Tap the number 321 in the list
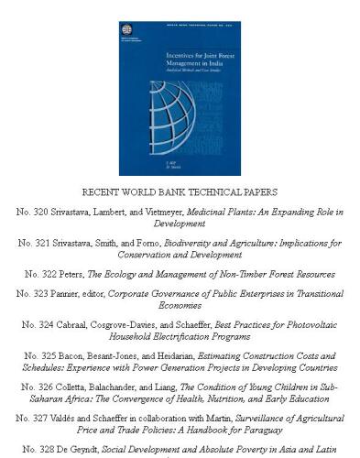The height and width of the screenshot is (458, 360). pyautogui.click(x=42, y=243)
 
